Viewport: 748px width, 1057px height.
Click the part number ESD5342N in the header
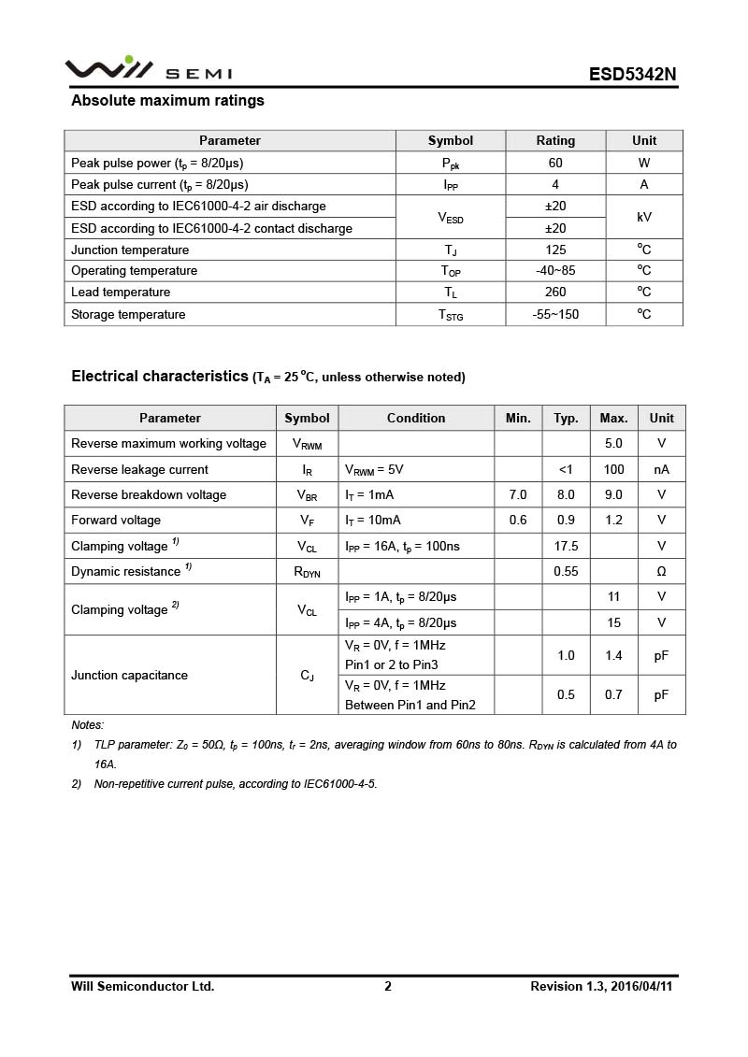pyautogui.click(x=632, y=74)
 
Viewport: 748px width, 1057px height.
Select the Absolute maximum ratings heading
pyautogui.click(x=167, y=101)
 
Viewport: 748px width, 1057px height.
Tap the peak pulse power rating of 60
pyautogui.click(x=555, y=163)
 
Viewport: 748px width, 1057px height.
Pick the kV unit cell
pyautogui.click(x=644, y=217)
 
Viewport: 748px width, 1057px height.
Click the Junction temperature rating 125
pyautogui.click(x=555, y=250)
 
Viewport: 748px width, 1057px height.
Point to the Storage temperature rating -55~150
pyautogui.click(x=555, y=314)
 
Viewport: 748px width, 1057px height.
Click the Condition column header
pyautogui.click(x=416, y=418)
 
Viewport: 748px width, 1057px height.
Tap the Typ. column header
pyautogui.click(x=566, y=418)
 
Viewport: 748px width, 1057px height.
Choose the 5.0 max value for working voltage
pyautogui.click(x=613, y=444)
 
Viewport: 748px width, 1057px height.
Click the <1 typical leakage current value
pyautogui.click(x=566, y=469)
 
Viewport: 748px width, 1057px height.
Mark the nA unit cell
pyautogui.click(x=661, y=469)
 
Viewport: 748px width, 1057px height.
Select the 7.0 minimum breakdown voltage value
pyautogui.click(x=518, y=494)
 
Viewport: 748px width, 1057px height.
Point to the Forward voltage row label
pyautogui.click(x=116, y=521)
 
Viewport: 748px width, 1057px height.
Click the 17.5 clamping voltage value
pyautogui.click(x=566, y=546)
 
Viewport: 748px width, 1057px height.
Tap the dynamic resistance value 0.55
pyautogui.click(x=566, y=571)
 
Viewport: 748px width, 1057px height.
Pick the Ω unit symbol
pyautogui.click(x=661, y=571)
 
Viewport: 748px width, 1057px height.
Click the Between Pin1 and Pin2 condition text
pyautogui.click(x=410, y=705)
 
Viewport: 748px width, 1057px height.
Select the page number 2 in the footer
pyautogui.click(x=388, y=986)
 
